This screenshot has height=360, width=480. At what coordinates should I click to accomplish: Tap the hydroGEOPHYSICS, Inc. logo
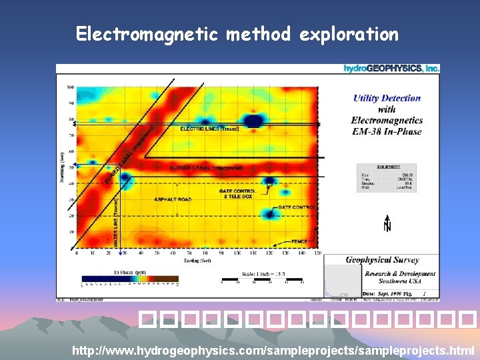(391, 69)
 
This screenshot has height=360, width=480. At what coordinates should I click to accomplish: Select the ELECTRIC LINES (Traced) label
(209, 128)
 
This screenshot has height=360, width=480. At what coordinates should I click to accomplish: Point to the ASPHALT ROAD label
(173, 199)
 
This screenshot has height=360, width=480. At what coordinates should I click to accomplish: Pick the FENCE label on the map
(299, 241)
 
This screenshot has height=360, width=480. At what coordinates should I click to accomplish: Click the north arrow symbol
(387, 223)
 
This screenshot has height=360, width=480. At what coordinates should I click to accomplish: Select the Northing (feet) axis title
(61, 167)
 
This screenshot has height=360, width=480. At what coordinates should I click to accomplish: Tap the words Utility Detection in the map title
(387, 98)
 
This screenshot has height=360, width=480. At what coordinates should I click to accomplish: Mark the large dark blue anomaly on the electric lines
(253, 121)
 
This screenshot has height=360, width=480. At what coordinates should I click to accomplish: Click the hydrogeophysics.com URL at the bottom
(273, 349)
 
